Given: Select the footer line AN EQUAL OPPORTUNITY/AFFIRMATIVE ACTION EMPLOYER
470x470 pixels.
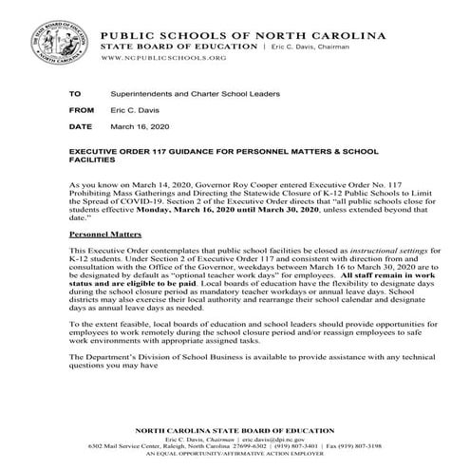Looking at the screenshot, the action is (x=235, y=457).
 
